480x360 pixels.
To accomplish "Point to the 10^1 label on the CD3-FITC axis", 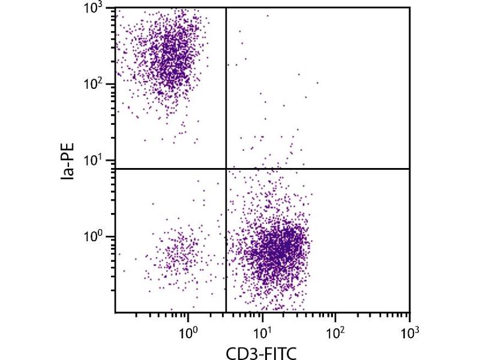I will pyautogui.click(x=262, y=331).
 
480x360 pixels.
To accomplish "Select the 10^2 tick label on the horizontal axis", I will pyautogui.click(x=335, y=331).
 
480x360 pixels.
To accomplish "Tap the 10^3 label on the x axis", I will pyautogui.click(x=409, y=331).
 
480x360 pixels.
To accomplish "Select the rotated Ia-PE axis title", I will pyautogui.click(x=71, y=161).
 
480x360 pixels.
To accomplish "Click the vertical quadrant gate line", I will pyautogui.click(x=226, y=90).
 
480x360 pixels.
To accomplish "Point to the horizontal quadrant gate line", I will pyautogui.click(x=318, y=169).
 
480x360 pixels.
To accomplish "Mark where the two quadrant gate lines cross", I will pyautogui.click(x=226, y=169).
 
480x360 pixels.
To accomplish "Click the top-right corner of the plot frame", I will pyautogui.click(x=410, y=7).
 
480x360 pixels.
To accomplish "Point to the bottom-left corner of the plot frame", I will pyautogui.click(x=115, y=313).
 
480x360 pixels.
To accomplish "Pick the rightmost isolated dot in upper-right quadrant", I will pyautogui.click(x=317, y=83).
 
